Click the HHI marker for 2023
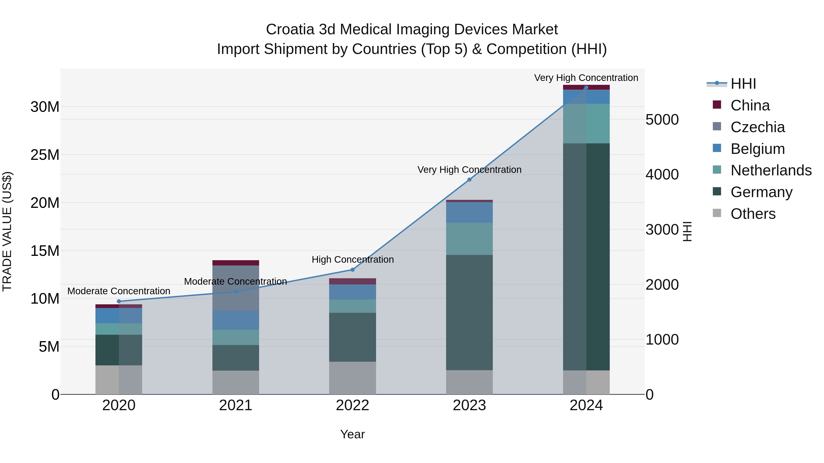click(x=469, y=179)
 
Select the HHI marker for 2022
click(x=352, y=270)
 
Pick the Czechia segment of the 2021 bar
click(x=236, y=288)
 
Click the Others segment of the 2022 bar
click(x=352, y=378)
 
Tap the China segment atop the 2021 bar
click(x=236, y=263)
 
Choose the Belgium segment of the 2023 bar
click(x=469, y=212)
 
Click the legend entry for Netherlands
click(x=771, y=170)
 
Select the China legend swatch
click(x=717, y=105)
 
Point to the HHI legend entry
click(x=743, y=84)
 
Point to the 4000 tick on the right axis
click(x=662, y=174)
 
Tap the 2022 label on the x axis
click(x=352, y=405)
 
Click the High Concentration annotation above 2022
click(x=352, y=260)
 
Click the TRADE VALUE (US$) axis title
click(x=7, y=231)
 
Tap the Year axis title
click(x=352, y=434)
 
